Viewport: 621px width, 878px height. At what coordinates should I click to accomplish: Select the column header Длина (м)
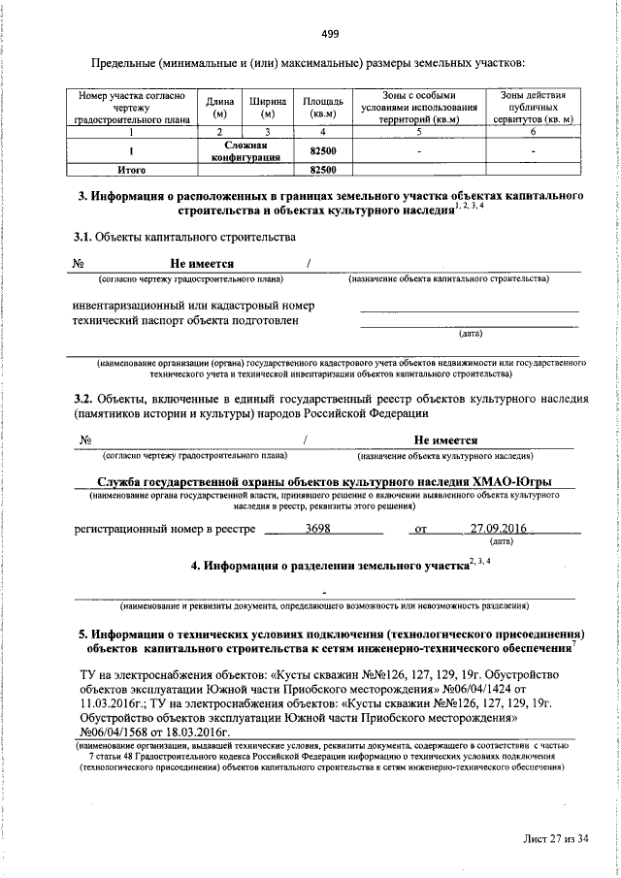pyautogui.click(x=218, y=108)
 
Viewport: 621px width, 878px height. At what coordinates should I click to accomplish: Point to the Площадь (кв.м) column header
pyautogui.click(x=321, y=108)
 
